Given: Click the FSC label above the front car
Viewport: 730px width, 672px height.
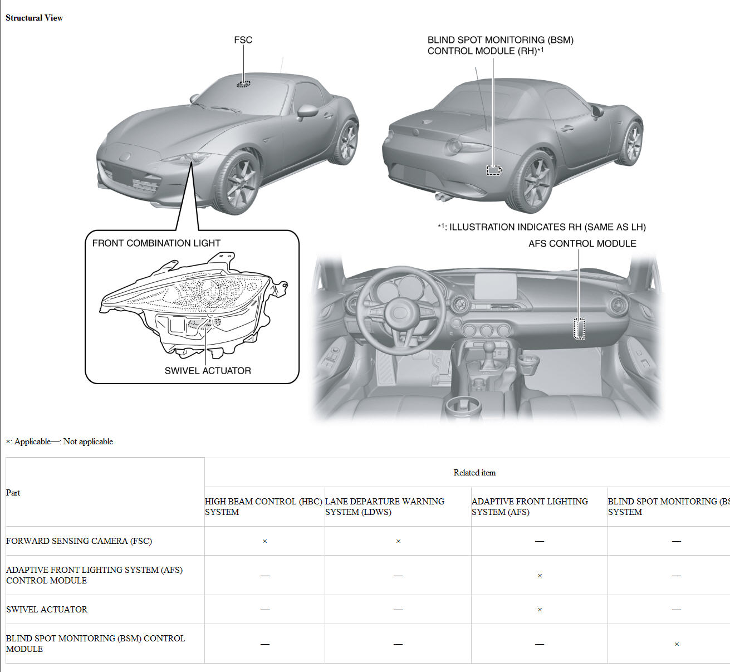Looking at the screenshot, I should [243, 40].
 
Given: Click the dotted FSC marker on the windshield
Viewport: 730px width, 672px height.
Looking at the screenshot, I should [243, 84].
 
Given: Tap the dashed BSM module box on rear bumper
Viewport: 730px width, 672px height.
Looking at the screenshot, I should [493, 170].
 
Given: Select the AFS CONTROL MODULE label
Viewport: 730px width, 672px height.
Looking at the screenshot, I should [582, 244].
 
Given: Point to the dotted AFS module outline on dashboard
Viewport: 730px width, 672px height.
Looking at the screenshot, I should [580, 328].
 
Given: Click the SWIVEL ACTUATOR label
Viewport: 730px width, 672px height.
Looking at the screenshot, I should [208, 371].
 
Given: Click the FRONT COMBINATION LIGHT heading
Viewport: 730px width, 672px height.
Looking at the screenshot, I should [156, 243].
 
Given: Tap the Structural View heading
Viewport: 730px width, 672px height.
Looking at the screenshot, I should [35, 18].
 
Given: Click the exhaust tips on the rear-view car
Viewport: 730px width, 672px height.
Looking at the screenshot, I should [443, 196].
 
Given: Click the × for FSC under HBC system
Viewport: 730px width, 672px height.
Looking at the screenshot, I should [264, 541].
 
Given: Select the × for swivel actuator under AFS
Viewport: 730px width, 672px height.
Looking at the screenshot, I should [540, 610].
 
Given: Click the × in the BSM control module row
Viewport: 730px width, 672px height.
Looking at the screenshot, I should [677, 644].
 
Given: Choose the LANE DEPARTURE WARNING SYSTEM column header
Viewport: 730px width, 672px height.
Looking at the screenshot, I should [385, 507].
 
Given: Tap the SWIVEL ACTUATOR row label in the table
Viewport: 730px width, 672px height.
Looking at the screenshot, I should [47, 610].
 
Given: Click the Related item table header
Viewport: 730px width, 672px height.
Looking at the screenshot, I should [474, 473].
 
